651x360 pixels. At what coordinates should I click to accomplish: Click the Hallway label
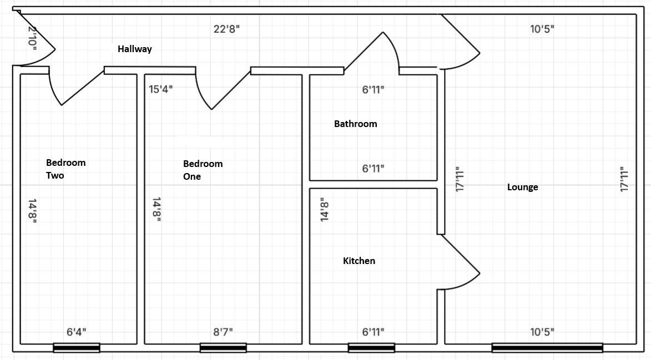click(134, 49)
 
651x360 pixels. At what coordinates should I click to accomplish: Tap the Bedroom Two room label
click(65, 169)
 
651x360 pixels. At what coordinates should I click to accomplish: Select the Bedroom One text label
click(203, 170)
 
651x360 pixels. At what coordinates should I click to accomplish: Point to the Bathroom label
click(355, 124)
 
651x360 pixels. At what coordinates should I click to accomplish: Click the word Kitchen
click(359, 261)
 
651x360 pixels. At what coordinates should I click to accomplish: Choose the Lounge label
click(522, 187)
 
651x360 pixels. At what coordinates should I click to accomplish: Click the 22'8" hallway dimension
click(226, 29)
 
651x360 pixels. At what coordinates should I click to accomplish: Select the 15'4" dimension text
click(160, 89)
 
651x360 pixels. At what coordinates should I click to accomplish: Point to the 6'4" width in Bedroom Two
click(77, 332)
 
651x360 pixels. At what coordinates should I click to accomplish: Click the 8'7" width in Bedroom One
click(223, 332)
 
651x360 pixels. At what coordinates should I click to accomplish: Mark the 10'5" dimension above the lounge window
click(542, 332)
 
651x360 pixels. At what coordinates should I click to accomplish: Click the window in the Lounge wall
click(547, 348)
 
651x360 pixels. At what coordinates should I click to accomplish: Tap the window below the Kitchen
click(371, 348)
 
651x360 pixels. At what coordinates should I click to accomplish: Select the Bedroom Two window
click(77, 348)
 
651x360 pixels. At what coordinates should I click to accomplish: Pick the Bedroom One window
click(223, 348)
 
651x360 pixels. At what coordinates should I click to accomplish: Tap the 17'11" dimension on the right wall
click(624, 179)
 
